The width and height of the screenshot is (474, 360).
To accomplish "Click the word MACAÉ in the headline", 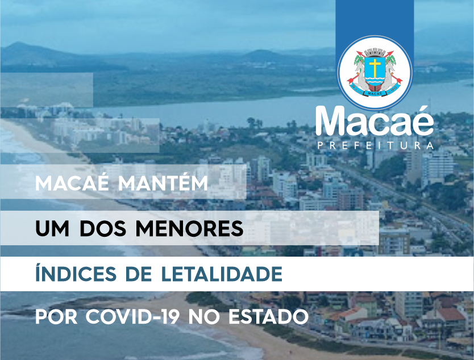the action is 72,182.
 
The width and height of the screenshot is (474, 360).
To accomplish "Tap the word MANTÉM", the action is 163,182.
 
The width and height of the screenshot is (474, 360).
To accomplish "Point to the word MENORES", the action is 189,229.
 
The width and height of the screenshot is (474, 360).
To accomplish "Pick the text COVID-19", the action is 132,317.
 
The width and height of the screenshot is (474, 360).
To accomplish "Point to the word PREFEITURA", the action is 376,145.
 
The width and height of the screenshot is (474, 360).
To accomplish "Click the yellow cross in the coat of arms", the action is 375,67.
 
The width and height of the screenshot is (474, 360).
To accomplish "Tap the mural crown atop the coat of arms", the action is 375,52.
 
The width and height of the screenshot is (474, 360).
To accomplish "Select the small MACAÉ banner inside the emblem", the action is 375,93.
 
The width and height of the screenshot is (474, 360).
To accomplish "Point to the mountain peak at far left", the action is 19,44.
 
